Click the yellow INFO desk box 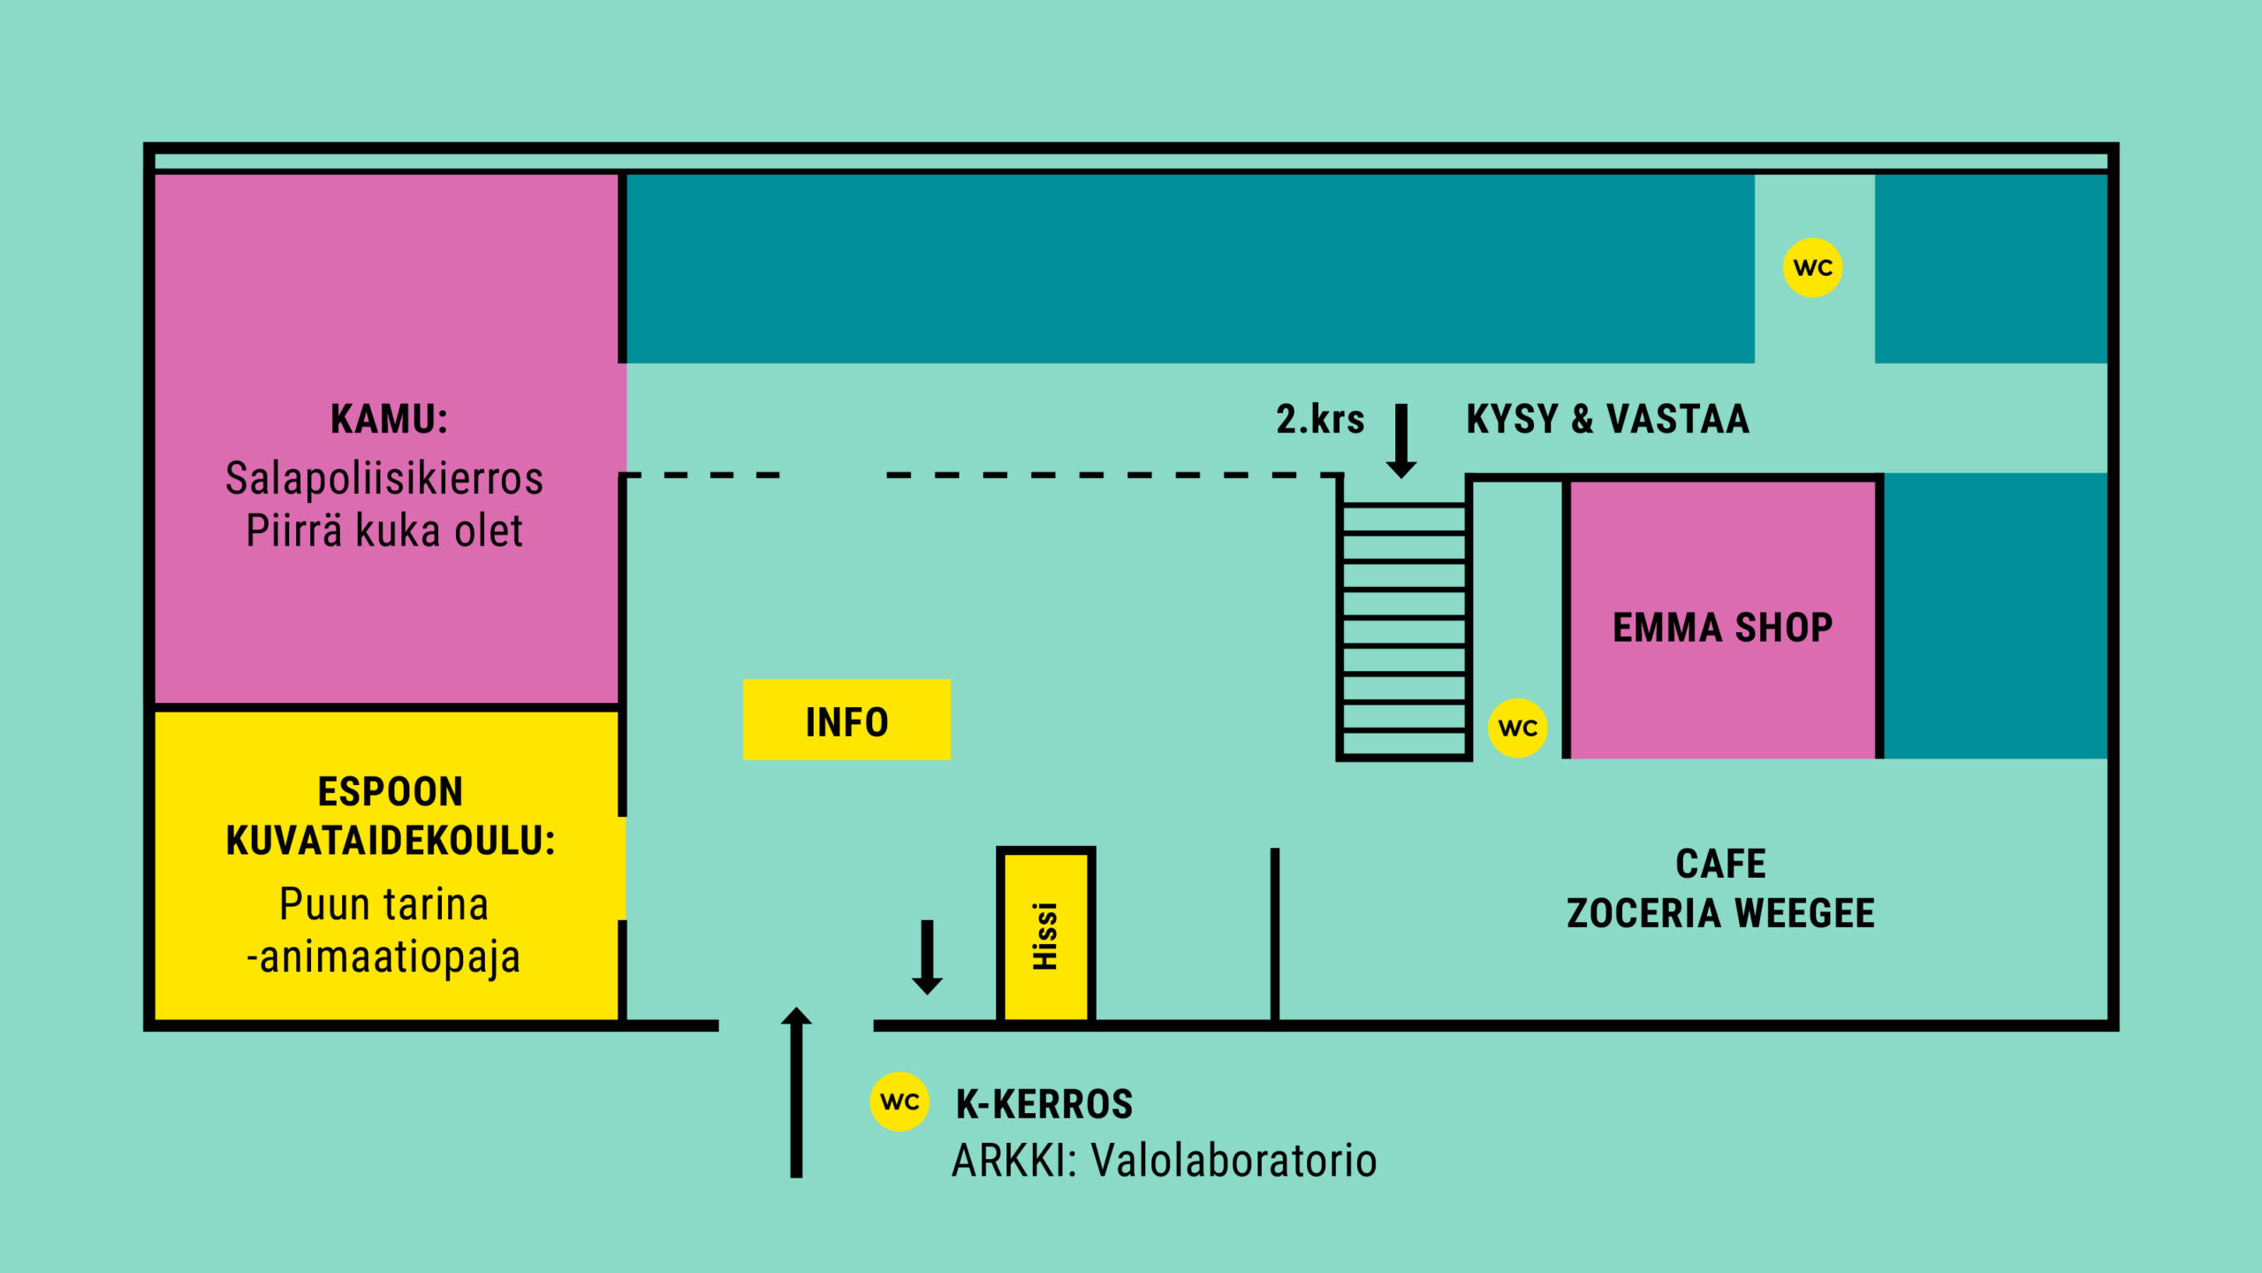tap(846, 720)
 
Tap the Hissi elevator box tap(1046, 936)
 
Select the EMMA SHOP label tap(1722, 628)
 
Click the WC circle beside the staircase tap(1518, 728)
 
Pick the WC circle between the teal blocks tap(1813, 268)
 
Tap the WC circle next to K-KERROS tap(899, 1101)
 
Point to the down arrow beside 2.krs tap(1401, 441)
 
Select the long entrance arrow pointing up tap(796, 1093)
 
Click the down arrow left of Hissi tap(927, 957)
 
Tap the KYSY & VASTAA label tap(1607, 419)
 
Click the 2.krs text tap(1320, 419)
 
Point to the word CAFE tap(1721, 864)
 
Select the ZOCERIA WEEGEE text tap(1720, 913)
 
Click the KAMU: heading tap(389, 419)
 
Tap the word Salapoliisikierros tap(384, 478)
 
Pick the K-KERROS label tap(1044, 1104)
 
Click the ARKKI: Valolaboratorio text tap(1165, 1160)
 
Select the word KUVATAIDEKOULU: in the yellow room tap(391, 841)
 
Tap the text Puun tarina tap(384, 904)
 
